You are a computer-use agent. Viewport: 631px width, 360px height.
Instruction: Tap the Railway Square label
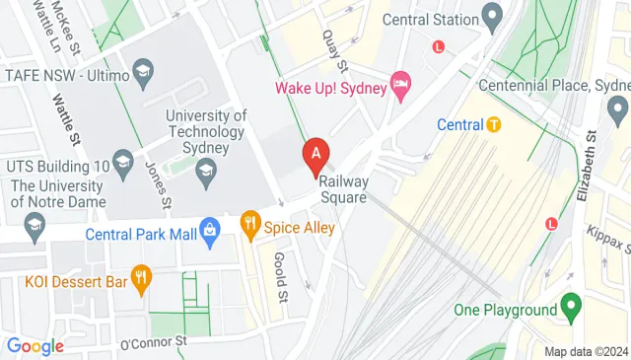click(344, 188)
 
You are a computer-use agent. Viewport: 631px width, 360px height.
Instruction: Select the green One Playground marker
click(569, 310)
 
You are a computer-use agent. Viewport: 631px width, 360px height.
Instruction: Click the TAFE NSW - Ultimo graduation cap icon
click(144, 72)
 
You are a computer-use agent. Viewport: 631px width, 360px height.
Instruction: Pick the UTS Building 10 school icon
click(123, 162)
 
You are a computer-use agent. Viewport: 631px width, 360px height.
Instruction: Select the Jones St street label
click(159, 186)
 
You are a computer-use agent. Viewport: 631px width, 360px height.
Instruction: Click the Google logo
click(35, 346)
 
